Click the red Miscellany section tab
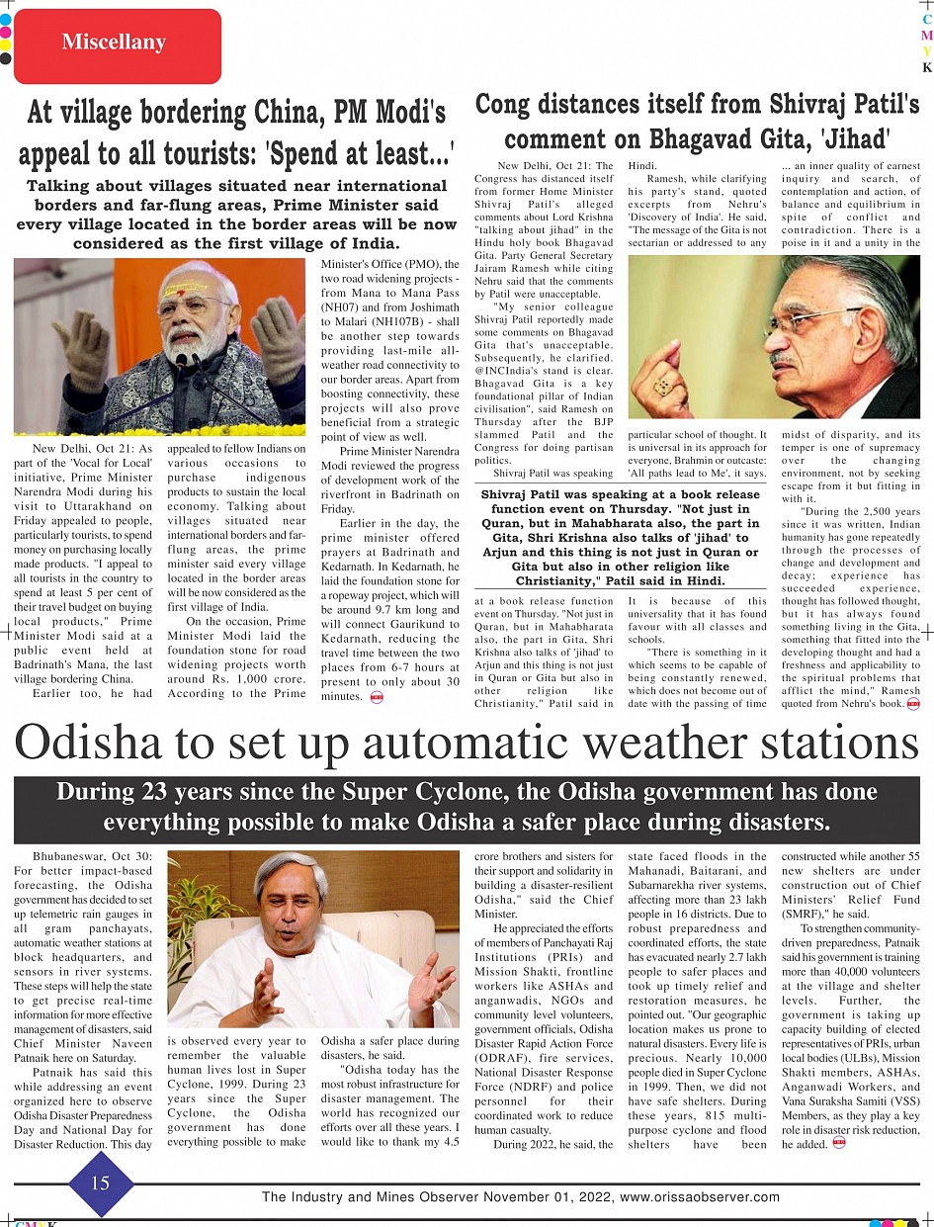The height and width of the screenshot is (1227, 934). coord(113,43)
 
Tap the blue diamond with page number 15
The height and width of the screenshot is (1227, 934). coord(100,1184)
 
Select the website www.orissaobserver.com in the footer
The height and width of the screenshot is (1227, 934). coord(700,1197)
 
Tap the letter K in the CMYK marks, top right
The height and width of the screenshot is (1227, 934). coord(927,68)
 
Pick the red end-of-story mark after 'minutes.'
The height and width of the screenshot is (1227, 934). coord(377,697)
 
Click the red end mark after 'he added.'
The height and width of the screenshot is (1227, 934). coord(839,1144)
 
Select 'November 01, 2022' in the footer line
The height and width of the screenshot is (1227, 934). coord(543,1197)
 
